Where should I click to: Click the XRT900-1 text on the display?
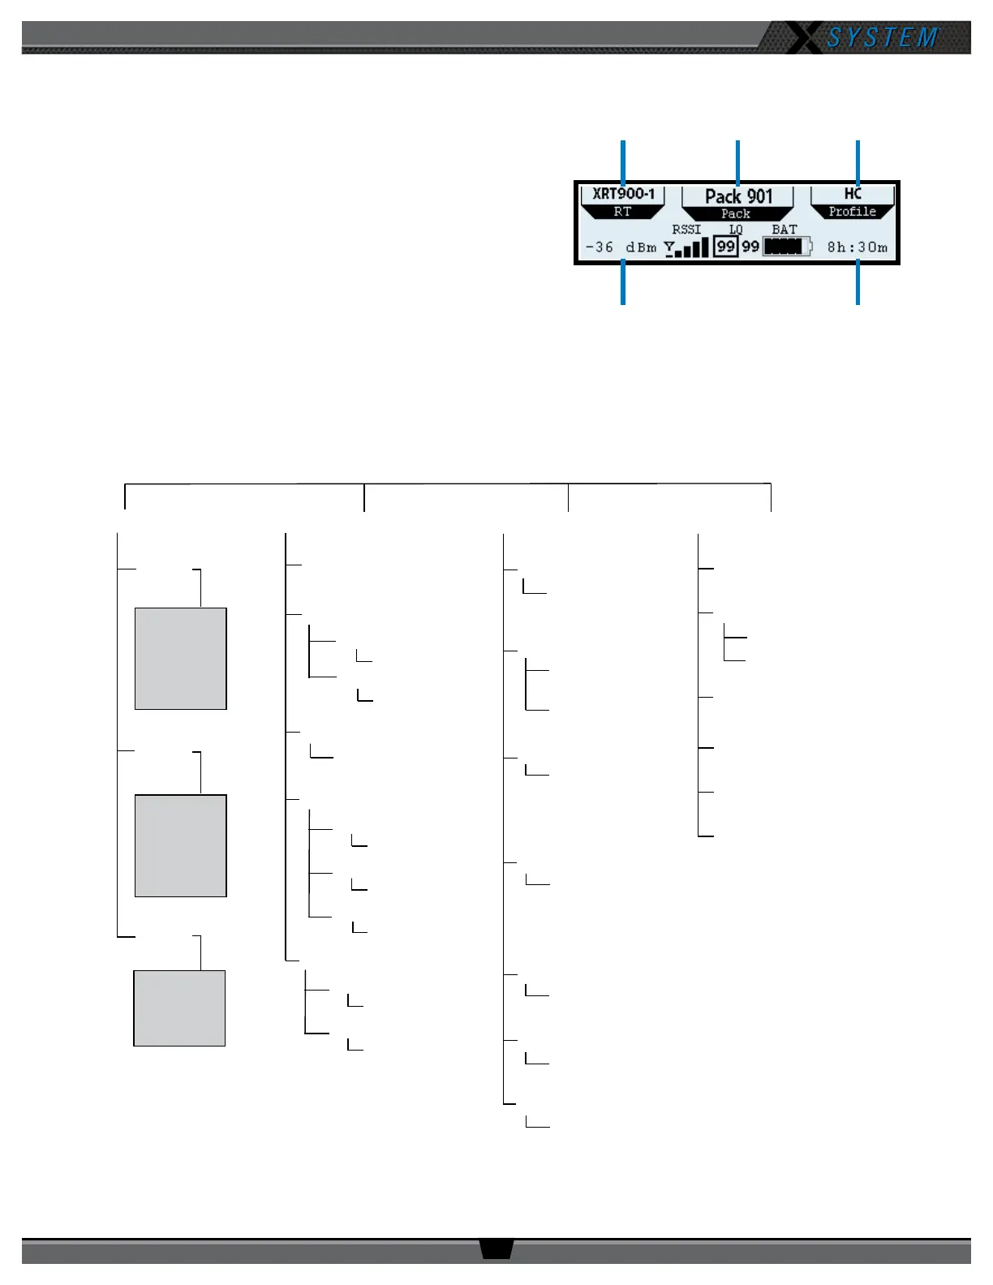coord(623,194)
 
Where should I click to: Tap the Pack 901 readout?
coord(738,196)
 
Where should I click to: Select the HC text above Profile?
coord(853,194)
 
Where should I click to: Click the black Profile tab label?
coord(853,212)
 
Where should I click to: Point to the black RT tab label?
coord(622,212)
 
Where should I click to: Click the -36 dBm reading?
coord(621,247)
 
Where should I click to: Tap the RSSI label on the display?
coord(686,230)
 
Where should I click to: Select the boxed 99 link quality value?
coord(725,247)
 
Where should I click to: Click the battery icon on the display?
coord(787,247)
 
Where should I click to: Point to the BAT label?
coord(785,230)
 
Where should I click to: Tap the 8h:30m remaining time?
coord(858,247)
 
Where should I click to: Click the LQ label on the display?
coord(736,230)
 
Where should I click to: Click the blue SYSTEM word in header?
coord(883,38)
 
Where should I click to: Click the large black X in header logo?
coord(803,38)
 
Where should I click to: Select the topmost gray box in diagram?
coord(180,659)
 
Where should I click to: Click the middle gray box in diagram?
coord(180,845)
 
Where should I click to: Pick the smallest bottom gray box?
coord(179,1008)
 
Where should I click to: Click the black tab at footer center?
coord(496,1248)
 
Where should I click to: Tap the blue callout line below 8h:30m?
coord(858,284)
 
